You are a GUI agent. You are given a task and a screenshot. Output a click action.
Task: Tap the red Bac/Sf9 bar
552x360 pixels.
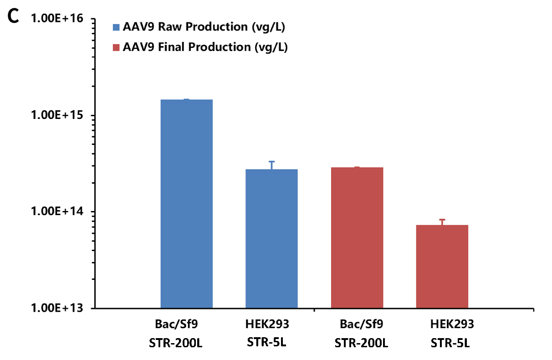coord(357,237)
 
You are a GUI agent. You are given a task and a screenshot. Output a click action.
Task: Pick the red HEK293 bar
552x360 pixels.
coord(442,266)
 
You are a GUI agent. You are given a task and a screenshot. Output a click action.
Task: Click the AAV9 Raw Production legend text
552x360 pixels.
coord(204,27)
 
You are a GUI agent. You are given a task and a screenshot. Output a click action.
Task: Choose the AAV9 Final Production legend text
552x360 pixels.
coord(205,47)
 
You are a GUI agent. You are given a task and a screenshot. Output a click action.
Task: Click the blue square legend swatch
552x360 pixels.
coord(116,27)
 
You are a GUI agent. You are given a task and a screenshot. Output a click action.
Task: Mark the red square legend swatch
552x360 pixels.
coord(116,47)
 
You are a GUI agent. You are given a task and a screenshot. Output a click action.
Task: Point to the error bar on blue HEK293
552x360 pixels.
coord(271,165)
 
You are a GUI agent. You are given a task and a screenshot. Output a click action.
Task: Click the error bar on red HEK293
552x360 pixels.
coord(442,222)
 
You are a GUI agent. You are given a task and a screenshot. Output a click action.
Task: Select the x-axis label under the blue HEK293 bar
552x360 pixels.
coord(267,324)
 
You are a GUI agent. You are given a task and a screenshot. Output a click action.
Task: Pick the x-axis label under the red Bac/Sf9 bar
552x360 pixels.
coord(361,324)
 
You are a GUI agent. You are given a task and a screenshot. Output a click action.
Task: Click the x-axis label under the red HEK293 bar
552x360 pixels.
coord(452,324)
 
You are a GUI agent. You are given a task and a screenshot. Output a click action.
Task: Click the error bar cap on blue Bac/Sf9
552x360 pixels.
coord(186,99)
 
